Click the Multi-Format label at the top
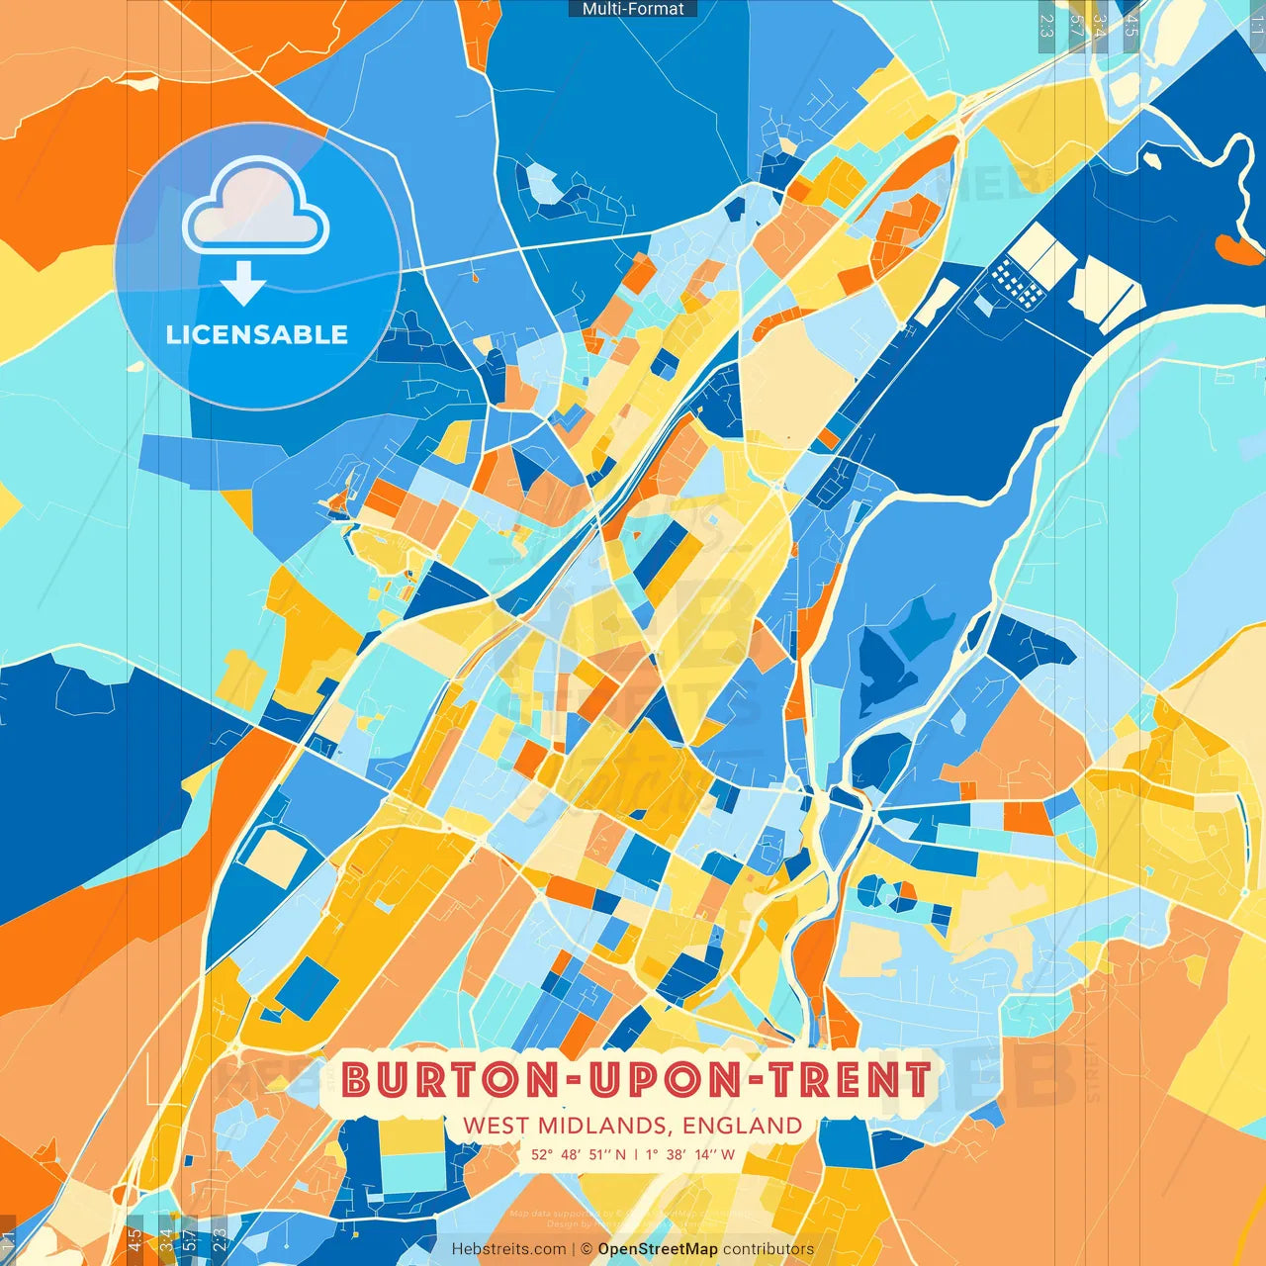(x=633, y=9)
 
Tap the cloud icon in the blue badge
(x=256, y=208)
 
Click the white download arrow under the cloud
(x=243, y=283)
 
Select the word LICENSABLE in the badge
(x=257, y=334)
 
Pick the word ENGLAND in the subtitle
(x=743, y=1126)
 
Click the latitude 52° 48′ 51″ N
(x=579, y=1154)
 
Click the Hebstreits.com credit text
(x=508, y=1249)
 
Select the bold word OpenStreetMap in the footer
(x=658, y=1249)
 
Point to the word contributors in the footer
(x=769, y=1249)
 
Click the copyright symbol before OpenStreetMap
(x=587, y=1249)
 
